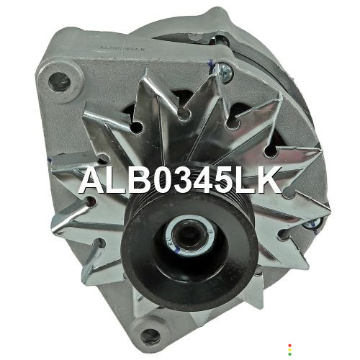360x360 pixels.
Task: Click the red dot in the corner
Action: (289, 346)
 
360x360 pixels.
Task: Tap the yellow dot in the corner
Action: (289, 350)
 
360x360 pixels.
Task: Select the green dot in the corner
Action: (289, 354)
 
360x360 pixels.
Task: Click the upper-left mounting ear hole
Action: (59, 82)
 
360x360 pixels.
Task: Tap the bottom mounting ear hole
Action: (150, 336)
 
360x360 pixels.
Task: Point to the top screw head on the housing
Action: (224, 71)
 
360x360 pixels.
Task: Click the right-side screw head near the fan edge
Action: (312, 225)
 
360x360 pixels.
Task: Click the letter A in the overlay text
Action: (92, 181)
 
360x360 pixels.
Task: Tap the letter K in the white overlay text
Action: (269, 181)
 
